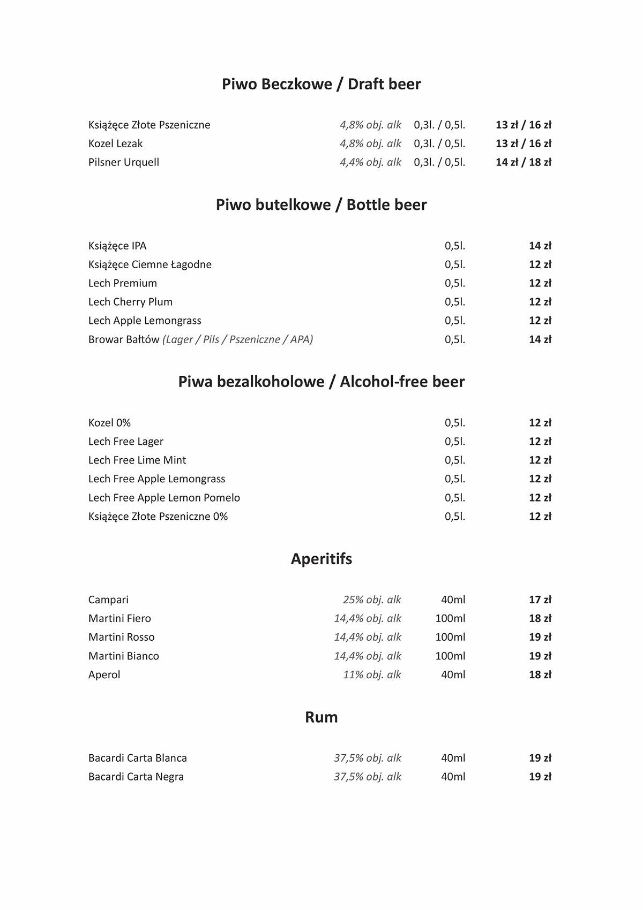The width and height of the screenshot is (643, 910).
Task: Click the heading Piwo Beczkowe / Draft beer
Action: (321, 84)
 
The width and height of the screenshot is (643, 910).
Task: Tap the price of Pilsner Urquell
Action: (523, 162)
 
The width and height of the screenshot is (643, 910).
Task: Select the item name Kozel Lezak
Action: (115, 143)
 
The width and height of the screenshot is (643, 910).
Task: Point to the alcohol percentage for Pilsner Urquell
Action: (370, 162)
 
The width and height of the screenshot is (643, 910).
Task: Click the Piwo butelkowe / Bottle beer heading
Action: (321, 205)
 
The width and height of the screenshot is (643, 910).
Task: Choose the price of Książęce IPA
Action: (540, 246)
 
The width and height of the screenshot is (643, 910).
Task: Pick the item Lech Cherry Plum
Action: (130, 302)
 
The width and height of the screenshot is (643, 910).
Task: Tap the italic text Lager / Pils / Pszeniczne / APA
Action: (238, 339)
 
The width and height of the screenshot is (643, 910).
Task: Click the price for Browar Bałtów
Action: (540, 339)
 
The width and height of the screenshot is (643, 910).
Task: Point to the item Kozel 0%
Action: (109, 423)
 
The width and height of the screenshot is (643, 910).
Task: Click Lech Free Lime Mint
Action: (137, 460)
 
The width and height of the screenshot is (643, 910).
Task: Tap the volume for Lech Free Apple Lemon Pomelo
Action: (454, 498)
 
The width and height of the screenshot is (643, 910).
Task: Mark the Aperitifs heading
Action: (321, 559)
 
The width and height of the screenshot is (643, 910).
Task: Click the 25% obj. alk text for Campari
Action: (372, 600)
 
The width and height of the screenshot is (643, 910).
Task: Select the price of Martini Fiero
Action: (540, 618)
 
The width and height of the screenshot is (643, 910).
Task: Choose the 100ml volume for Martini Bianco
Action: (450, 656)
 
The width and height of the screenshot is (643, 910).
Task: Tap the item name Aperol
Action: (104, 674)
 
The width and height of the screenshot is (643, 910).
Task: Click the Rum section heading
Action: (321, 717)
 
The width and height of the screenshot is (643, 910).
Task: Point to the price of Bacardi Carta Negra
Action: (540, 777)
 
